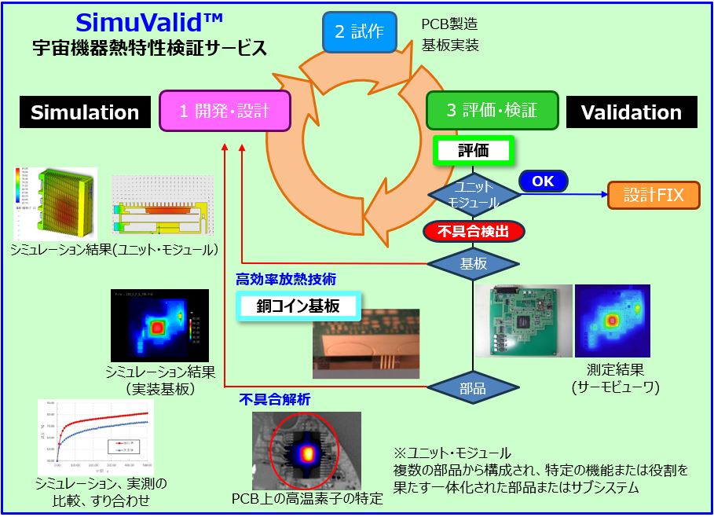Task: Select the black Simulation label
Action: pos(85,112)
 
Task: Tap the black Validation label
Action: pos(631,112)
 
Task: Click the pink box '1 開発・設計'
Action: pos(225,111)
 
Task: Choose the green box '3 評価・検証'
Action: pos(492,111)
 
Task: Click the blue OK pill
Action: pos(543,181)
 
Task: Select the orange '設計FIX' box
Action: pos(654,195)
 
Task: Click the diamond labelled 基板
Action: pos(473,263)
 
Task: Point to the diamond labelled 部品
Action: pos(473,387)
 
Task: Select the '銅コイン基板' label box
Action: pos(299,306)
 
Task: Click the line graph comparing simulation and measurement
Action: pos(94,437)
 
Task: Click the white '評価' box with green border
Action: pos(473,151)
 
